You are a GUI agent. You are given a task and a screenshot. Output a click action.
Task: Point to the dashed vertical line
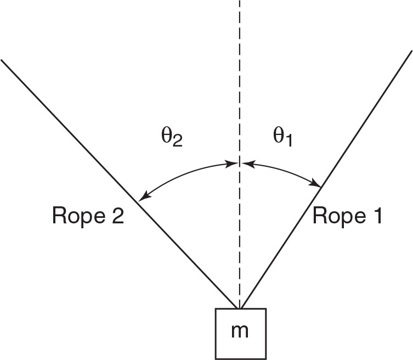(239, 82)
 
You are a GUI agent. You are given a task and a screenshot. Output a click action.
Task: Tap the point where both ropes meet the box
(239, 308)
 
